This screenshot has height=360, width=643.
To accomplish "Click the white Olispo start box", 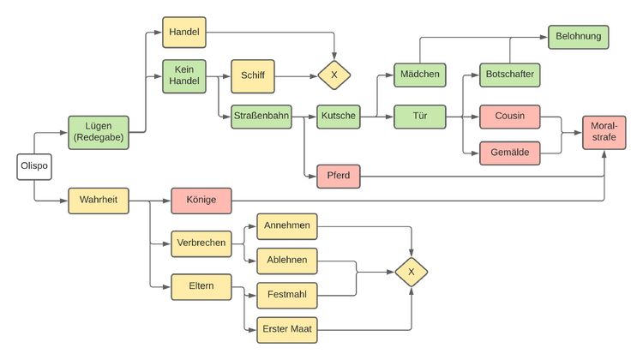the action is pos(34,166).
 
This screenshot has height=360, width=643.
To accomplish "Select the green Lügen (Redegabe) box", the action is pos(99,133).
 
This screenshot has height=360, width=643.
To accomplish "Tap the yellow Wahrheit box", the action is pos(99,201).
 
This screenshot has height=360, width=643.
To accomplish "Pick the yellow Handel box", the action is pos(184,33).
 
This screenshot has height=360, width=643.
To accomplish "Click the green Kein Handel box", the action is pos(184,76).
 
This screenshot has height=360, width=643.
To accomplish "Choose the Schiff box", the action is pos(253,76).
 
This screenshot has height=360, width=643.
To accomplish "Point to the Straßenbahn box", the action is pos(261,117).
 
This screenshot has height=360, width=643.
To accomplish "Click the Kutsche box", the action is pos(339,117).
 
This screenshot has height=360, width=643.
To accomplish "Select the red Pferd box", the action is pos(339,177).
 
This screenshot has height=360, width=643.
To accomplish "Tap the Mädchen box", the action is pos(420,75).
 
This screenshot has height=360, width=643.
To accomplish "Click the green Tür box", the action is pos(420,117).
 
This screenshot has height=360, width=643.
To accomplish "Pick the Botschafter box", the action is pos(510,75).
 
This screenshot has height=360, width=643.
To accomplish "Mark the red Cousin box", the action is pos(510,117).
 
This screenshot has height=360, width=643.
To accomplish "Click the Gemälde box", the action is pos(510,153).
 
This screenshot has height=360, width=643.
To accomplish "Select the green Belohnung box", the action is pos(578,37).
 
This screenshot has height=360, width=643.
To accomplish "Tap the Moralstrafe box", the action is pos(604,133).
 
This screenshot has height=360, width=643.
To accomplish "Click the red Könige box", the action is pos(201,201).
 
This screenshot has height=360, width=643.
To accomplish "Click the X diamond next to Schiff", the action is pos(334,75).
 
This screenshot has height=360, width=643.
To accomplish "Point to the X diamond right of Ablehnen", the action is pos(412,272).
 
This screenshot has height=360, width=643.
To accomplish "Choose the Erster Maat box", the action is pos(287,330).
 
